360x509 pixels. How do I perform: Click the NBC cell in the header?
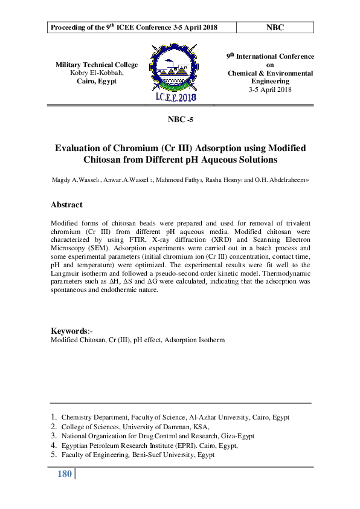pyautogui.click(x=274, y=27)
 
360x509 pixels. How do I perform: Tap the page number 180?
pyautogui.click(x=65, y=474)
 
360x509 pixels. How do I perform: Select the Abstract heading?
pyautogui.click(x=66, y=205)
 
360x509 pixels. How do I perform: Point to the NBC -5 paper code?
pyautogui.click(x=180, y=120)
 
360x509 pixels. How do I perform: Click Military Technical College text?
pyautogui.click(x=97, y=65)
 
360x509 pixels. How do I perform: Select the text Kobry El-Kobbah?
pyautogui.click(x=97, y=73)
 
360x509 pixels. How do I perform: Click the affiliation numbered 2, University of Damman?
pyautogui.click(x=135, y=426)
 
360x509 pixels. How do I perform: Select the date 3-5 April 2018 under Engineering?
pyautogui.click(x=270, y=89)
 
